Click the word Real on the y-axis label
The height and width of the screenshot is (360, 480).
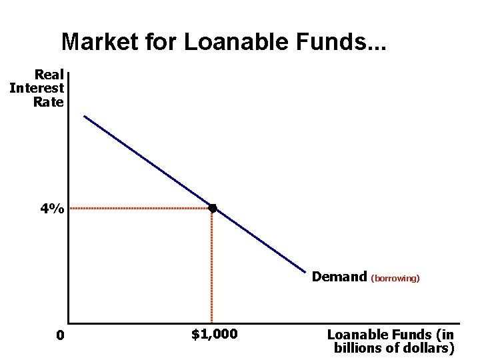[49, 74]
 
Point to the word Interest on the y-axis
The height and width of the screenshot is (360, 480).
[37, 88]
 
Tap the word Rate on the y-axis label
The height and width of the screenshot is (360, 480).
[48, 102]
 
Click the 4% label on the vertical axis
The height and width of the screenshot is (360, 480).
[52, 209]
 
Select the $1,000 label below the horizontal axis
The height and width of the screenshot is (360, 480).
[214, 333]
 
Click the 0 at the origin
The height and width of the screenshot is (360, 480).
[60, 335]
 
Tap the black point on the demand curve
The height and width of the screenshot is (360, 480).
[212, 209]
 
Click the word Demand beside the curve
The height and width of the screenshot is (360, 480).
[339, 276]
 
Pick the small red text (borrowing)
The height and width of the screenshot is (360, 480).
[395, 278]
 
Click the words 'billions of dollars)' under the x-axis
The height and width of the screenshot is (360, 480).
[393, 348]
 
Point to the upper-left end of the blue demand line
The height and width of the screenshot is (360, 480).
[85, 117]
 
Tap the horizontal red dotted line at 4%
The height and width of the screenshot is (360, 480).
[140, 209]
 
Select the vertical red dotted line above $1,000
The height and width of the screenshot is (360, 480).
[212, 267]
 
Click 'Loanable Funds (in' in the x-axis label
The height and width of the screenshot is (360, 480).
[391, 335]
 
